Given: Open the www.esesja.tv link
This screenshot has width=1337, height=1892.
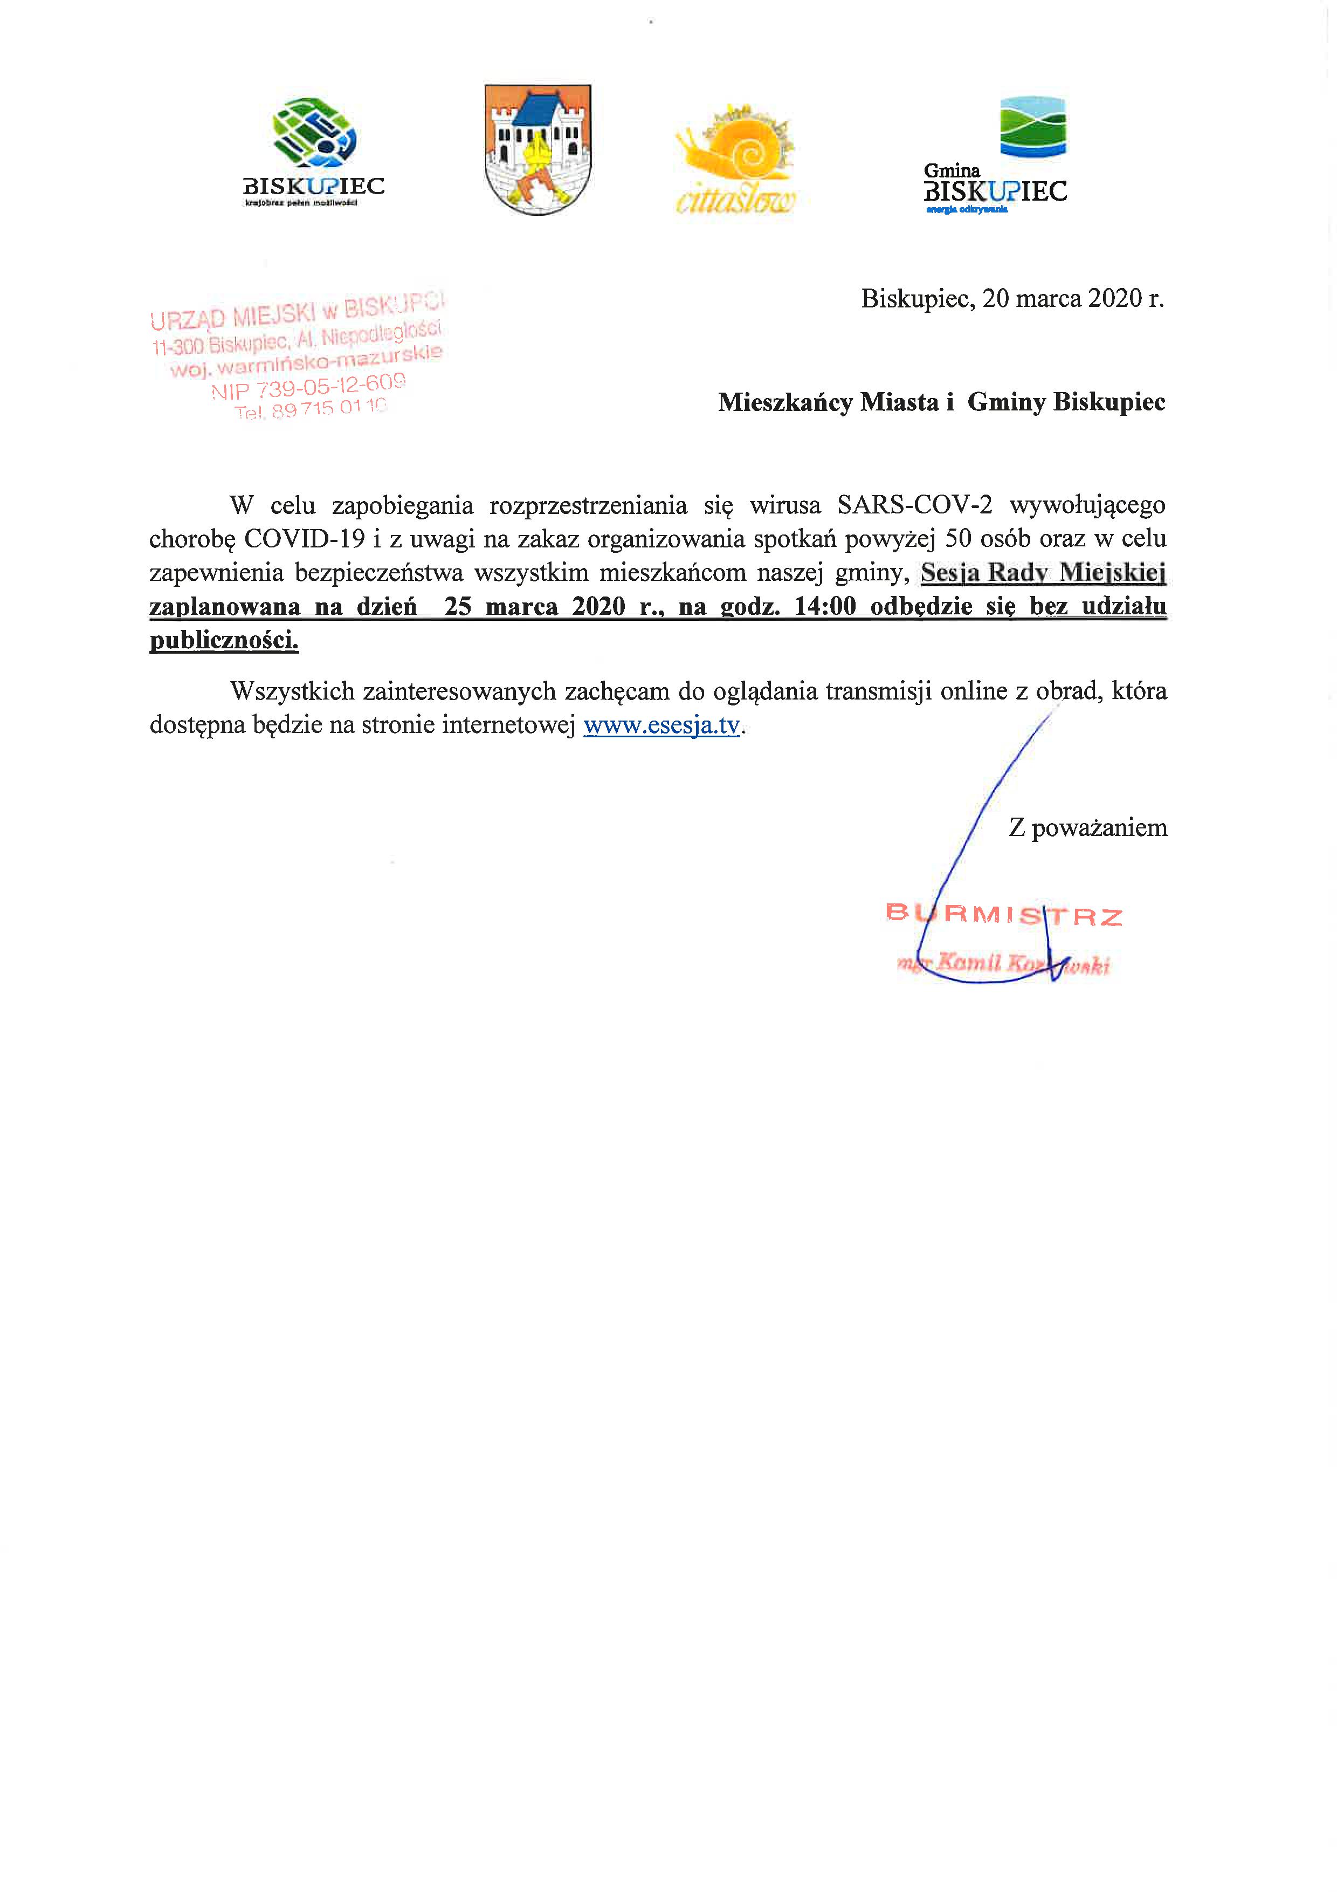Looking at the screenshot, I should (x=661, y=726).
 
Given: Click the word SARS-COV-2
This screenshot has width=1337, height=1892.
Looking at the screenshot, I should (x=914, y=504).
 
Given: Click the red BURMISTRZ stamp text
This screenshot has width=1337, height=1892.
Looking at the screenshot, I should (x=1003, y=915).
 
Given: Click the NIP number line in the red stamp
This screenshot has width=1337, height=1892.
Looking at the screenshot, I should (x=308, y=386).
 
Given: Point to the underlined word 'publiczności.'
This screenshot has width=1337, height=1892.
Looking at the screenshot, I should (x=224, y=640).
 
